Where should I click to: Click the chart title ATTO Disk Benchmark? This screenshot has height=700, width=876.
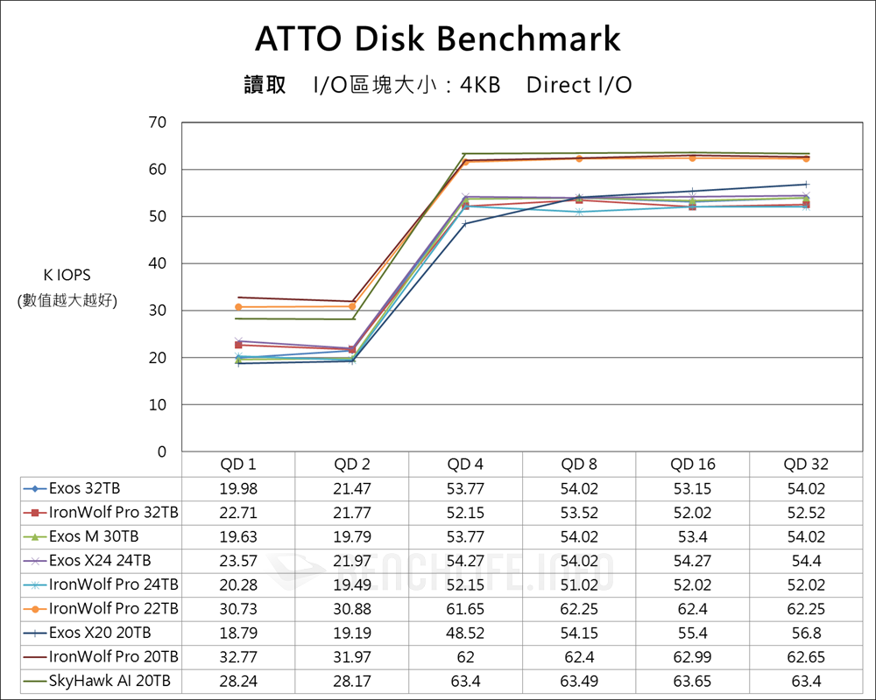click(438, 39)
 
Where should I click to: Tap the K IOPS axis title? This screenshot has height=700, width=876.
click(67, 276)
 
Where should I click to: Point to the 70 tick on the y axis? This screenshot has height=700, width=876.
click(158, 122)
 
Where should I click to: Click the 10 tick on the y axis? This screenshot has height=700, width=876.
click(158, 405)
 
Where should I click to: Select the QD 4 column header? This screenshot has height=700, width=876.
click(465, 465)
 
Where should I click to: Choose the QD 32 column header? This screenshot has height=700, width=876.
click(805, 465)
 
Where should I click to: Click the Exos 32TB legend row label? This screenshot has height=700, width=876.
click(86, 488)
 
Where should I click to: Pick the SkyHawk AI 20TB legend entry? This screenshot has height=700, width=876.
click(109, 681)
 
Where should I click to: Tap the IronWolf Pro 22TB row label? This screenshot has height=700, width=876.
click(113, 608)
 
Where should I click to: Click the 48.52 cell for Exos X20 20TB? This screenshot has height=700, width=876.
click(465, 633)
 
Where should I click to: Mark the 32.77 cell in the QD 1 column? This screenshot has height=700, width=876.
click(238, 656)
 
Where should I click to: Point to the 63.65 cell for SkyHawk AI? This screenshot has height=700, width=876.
click(692, 681)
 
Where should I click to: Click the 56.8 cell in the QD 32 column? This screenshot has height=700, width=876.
click(805, 633)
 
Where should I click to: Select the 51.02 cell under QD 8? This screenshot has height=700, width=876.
click(578, 584)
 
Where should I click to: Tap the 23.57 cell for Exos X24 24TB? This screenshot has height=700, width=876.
click(238, 560)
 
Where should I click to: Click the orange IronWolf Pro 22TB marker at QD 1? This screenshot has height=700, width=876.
click(238, 307)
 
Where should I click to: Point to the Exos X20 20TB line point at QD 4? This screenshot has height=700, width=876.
click(465, 224)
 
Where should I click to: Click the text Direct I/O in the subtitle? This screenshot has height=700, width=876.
click(579, 85)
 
